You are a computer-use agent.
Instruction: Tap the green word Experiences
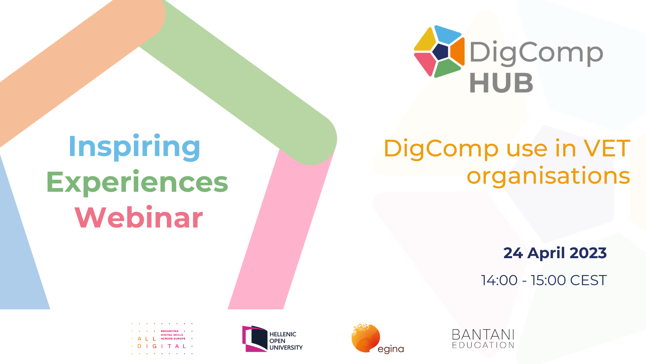click(x=137, y=182)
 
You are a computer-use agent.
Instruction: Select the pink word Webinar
click(x=139, y=217)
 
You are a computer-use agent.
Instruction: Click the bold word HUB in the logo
click(x=501, y=83)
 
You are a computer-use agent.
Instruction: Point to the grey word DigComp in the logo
click(x=536, y=53)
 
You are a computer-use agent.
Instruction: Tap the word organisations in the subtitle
click(x=548, y=176)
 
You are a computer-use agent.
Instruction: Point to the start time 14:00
click(x=499, y=280)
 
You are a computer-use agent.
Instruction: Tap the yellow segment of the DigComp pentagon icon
click(x=425, y=39)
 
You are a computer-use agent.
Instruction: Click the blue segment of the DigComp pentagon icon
click(x=447, y=34)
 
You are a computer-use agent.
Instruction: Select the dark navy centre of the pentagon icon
click(x=440, y=52)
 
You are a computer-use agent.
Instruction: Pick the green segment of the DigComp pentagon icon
click(x=447, y=68)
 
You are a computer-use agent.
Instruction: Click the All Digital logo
click(x=162, y=339)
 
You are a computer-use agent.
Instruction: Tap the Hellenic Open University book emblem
click(x=255, y=339)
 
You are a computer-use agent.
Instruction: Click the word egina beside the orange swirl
click(x=391, y=349)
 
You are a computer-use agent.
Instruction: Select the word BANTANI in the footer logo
click(x=483, y=335)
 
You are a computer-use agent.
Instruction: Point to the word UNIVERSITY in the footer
click(x=286, y=347)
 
